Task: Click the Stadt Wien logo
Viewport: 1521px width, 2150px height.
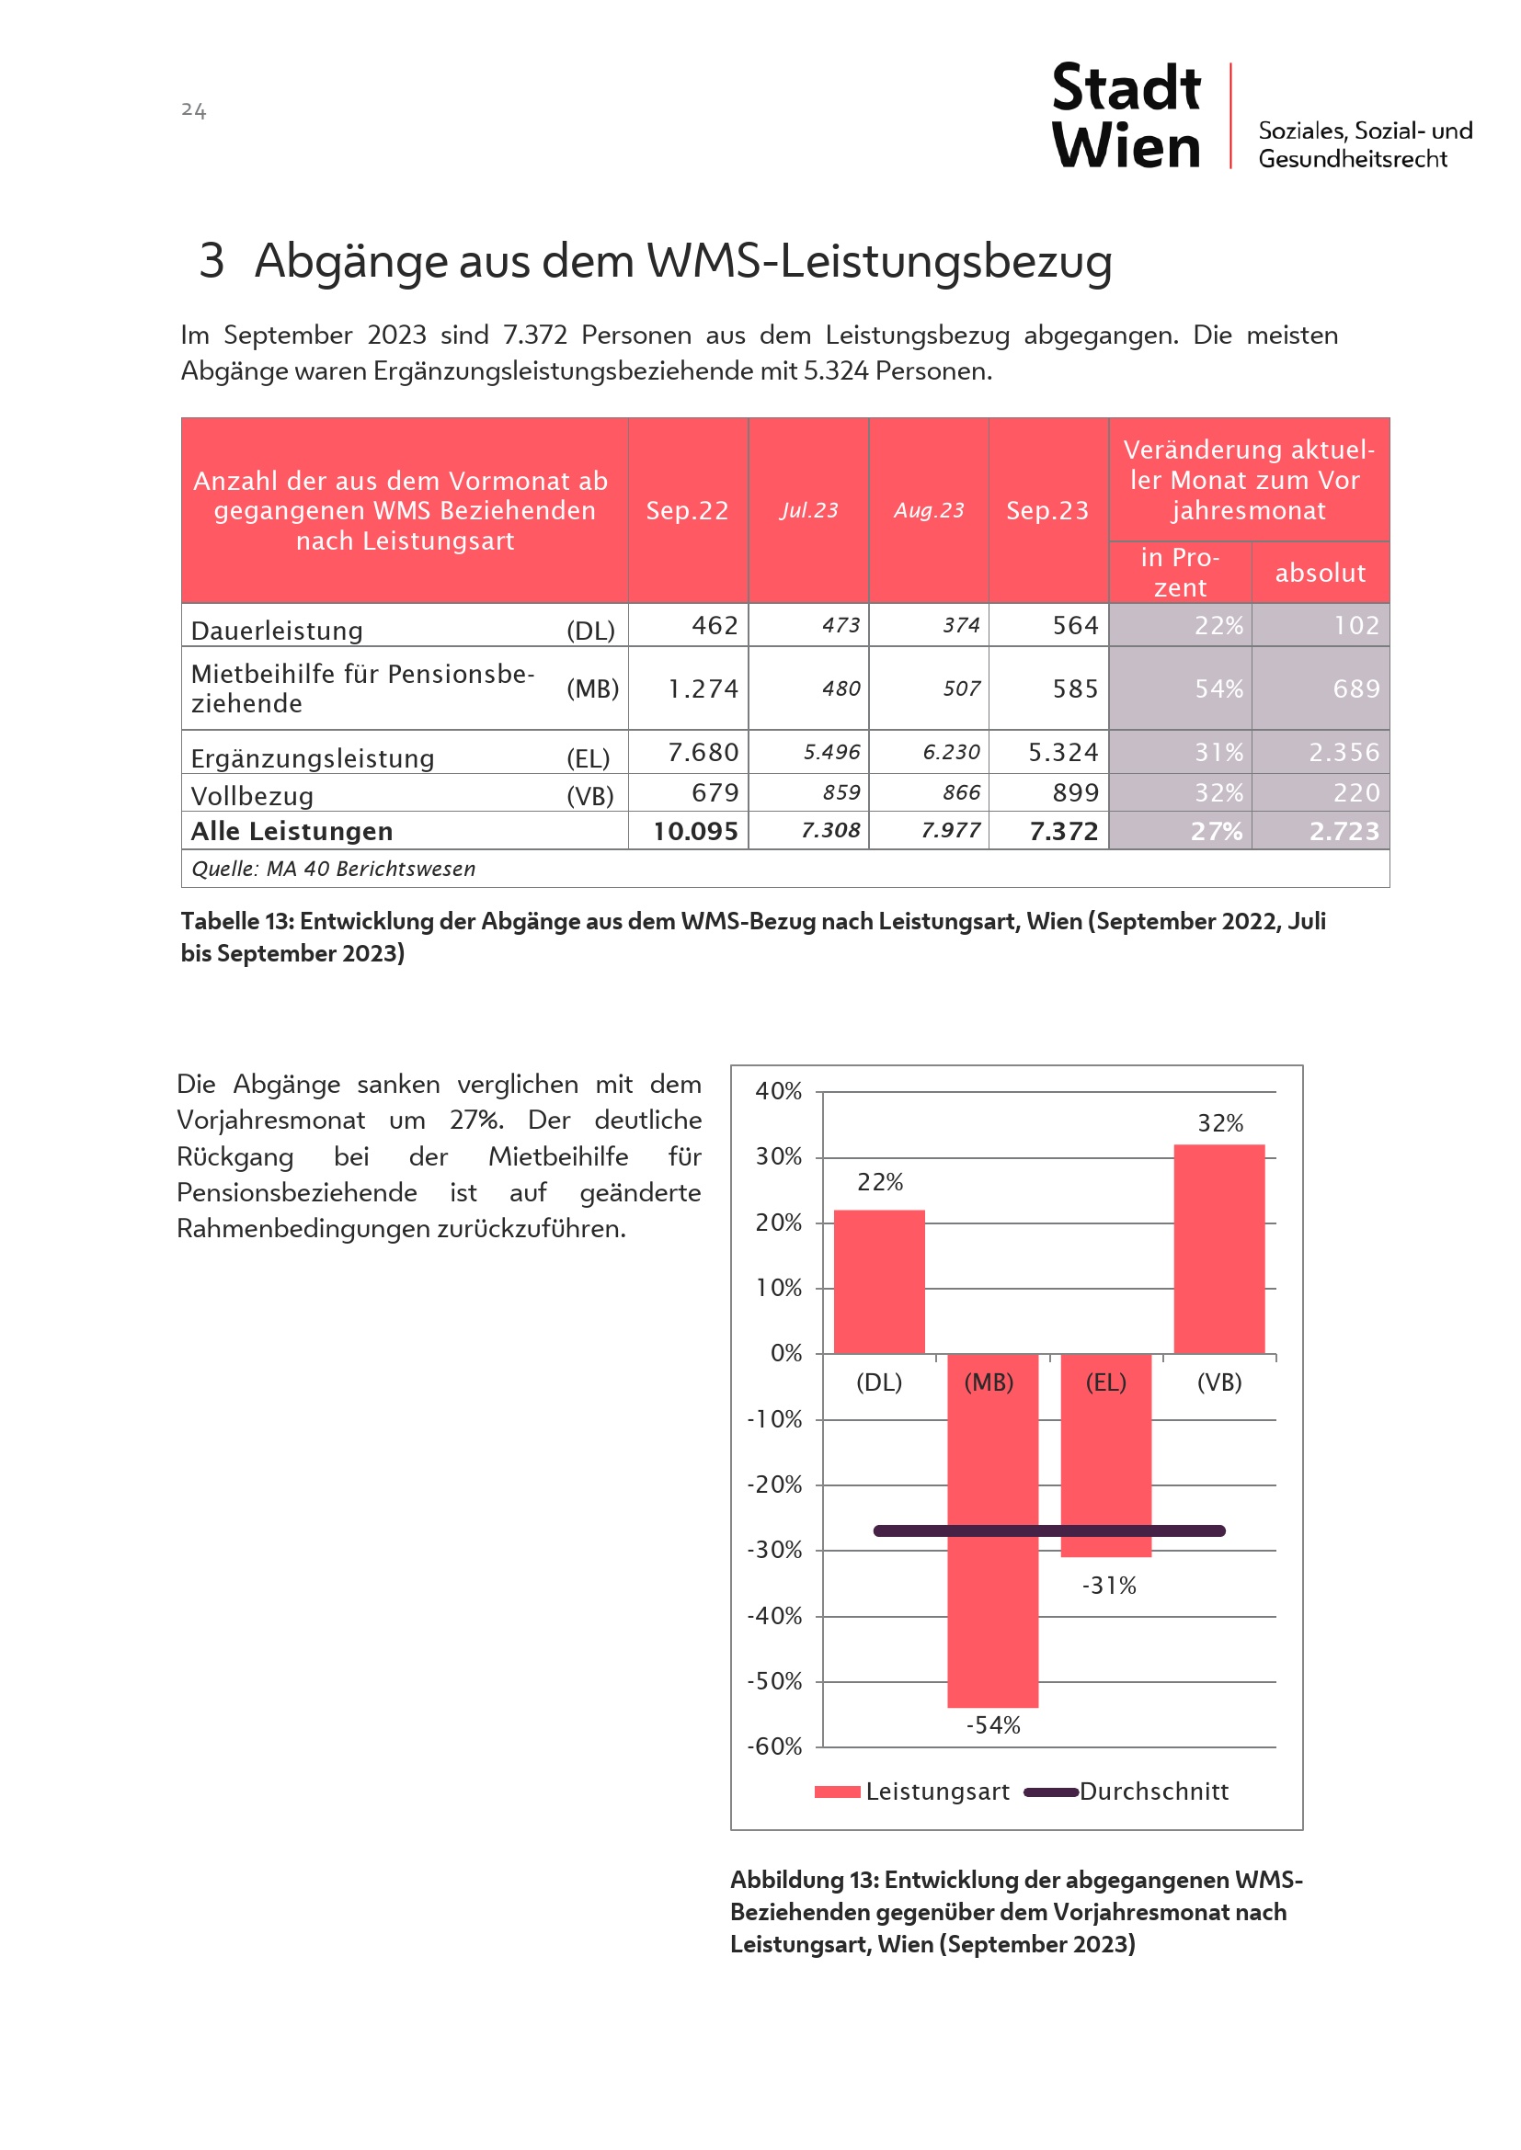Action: tap(1126, 116)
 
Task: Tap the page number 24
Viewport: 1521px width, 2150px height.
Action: tap(194, 110)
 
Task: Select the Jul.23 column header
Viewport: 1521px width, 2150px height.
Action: tap(809, 510)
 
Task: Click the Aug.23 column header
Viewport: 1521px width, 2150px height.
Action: tap(928, 510)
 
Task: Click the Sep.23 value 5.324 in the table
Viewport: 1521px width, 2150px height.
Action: tap(1063, 752)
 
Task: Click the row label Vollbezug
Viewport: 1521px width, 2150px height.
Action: tap(252, 796)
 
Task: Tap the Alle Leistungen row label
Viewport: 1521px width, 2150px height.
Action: tap(292, 832)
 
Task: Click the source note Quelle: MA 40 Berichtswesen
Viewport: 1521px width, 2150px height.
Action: tap(334, 869)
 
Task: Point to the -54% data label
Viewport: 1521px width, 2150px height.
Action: tap(993, 1724)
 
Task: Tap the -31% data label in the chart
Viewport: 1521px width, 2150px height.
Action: tap(1109, 1586)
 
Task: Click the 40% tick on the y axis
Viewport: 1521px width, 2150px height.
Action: tap(778, 1091)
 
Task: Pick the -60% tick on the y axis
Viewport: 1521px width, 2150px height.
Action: tap(774, 1746)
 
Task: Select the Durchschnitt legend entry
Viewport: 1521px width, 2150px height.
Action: tap(1153, 1792)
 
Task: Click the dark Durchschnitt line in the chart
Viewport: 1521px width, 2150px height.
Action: tap(1049, 1531)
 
